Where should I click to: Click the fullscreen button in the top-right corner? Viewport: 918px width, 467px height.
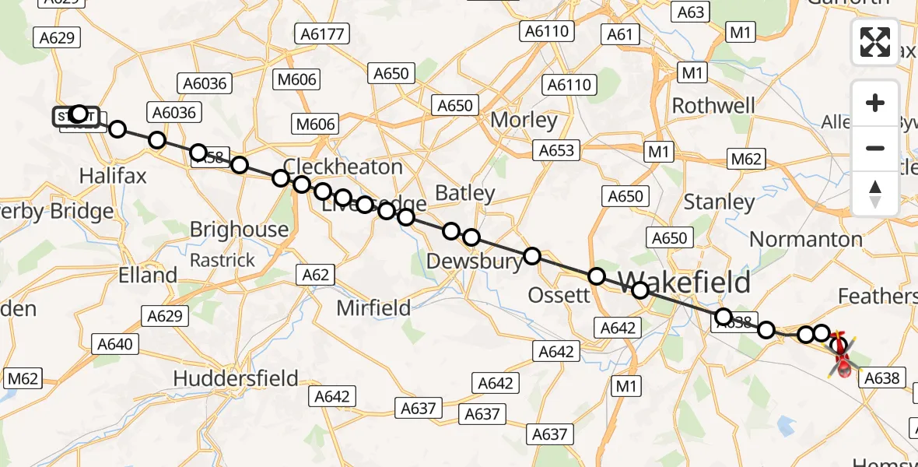tap(875, 42)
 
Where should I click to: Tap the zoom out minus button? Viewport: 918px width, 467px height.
tap(875, 148)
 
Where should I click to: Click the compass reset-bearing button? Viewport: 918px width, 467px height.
tap(875, 193)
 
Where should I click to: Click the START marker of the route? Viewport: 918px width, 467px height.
tap(75, 117)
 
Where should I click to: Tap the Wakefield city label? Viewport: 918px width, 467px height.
tap(685, 282)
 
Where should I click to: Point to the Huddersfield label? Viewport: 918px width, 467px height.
tap(236, 378)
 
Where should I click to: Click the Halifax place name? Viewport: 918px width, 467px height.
tap(113, 176)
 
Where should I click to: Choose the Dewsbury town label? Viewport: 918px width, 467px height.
tap(475, 262)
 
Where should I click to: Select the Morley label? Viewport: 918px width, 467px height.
tap(524, 121)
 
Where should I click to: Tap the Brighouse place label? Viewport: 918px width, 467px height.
tap(240, 230)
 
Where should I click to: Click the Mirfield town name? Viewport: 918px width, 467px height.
tap(373, 308)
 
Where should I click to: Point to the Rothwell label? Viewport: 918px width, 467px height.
tap(713, 106)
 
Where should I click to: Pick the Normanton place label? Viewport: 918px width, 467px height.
tap(807, 239)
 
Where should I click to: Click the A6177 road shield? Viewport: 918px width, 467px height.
tap(323, 33)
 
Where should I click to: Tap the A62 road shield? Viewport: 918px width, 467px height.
tap(315, 274)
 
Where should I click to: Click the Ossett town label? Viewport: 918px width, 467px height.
tap(559, 295)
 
